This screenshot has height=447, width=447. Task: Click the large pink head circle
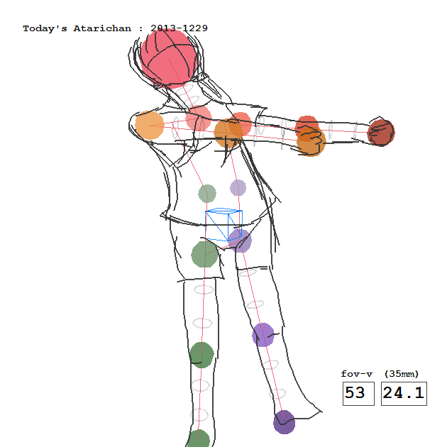(x=169, y=58)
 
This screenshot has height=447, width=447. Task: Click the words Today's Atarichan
(x=77, y=28)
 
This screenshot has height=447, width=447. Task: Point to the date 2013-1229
(x=179, y=28)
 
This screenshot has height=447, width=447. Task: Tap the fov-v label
(x=357, y=374)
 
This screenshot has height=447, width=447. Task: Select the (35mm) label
(x=402, y=374)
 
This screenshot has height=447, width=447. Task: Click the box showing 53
(x=358, y=393)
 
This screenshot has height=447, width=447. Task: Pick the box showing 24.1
(x=404, y=393)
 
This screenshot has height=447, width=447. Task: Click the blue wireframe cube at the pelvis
(x=223, y=224)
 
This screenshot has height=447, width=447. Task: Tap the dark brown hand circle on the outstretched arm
(x=381, y=133)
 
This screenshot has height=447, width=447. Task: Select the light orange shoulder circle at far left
(x=150, y=126)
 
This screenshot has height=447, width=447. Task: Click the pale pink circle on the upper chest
(x=199, y=118)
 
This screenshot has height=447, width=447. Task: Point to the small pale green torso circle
(x=207, y=194)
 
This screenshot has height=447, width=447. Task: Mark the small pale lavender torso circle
(x=238, y=187)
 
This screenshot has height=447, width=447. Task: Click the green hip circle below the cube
(x=204, y=254)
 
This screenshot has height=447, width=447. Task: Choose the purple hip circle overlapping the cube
(x=240, y=241)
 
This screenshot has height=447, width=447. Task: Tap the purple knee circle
(x=263, y=335)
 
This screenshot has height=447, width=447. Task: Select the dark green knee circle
(x=202, y=355)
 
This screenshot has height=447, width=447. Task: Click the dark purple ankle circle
(x=285, y=422)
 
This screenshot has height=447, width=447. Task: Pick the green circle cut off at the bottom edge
(x=199, y=439)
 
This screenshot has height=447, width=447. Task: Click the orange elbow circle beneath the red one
(x=311, y=142)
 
